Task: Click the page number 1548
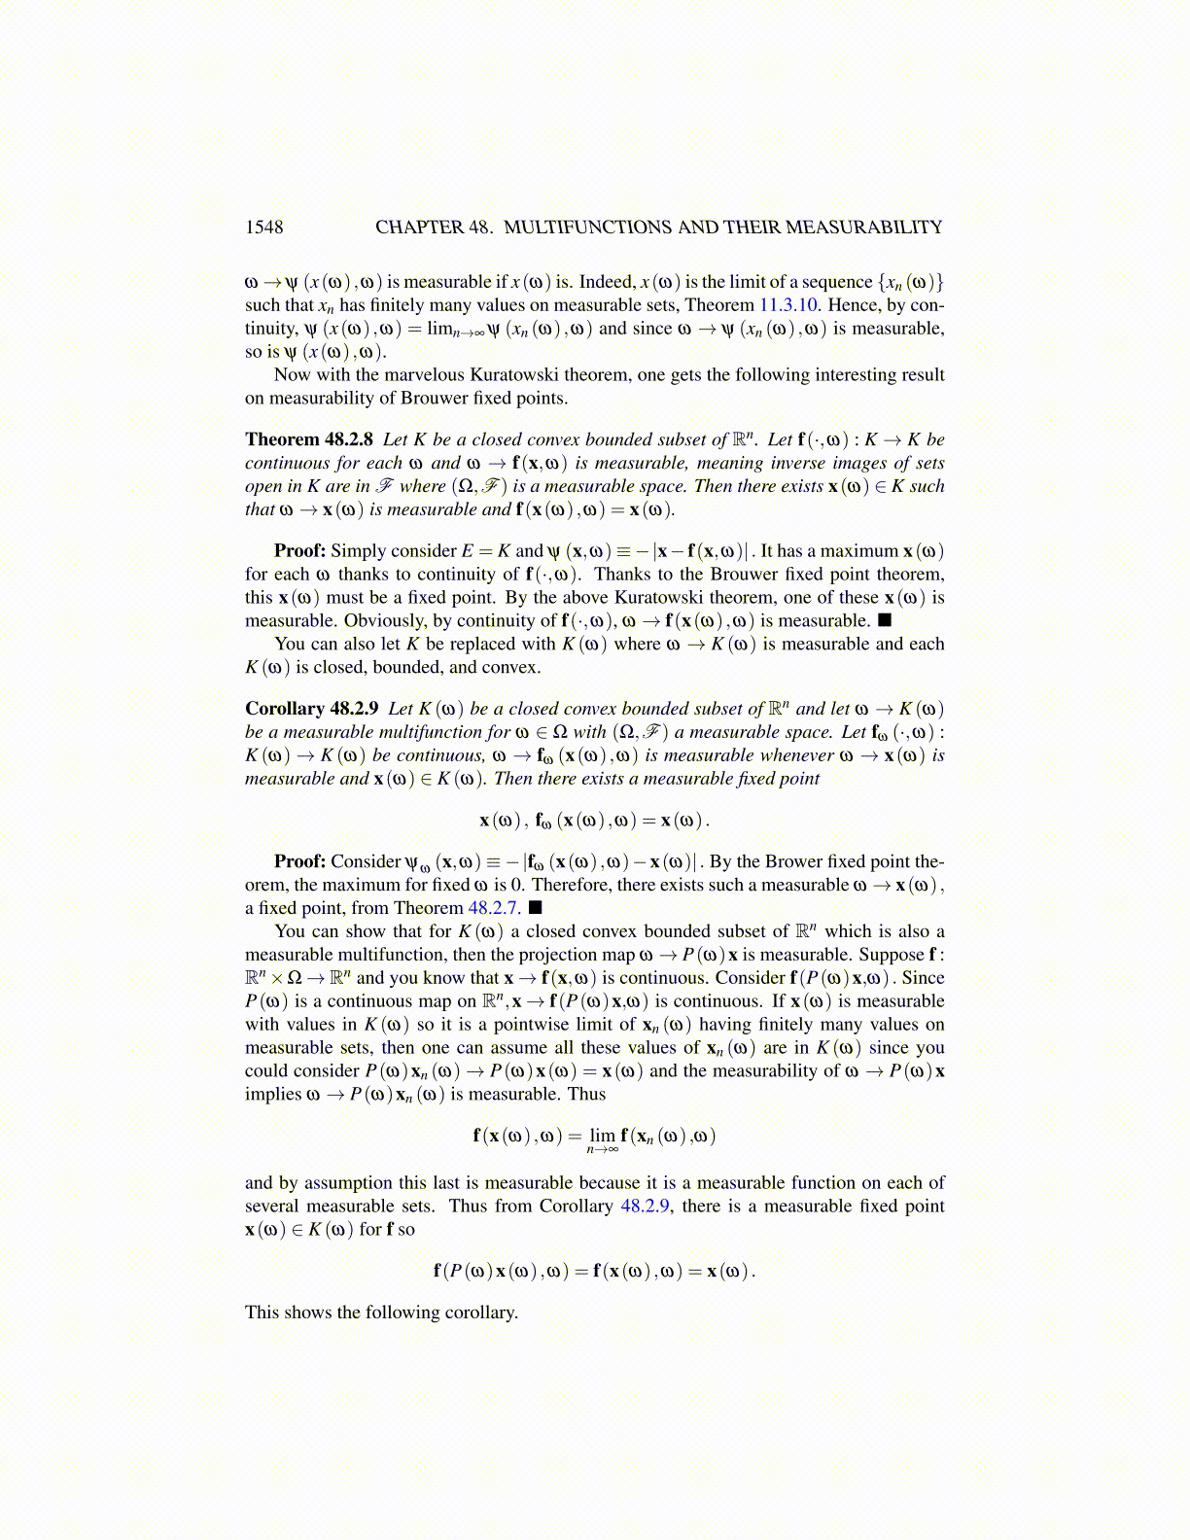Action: click(263, 227)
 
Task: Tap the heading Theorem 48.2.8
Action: click(308, 439)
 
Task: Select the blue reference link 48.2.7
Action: click(493, 908)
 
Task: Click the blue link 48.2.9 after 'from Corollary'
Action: click(645, 1207)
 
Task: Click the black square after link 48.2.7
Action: click(535, 908)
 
